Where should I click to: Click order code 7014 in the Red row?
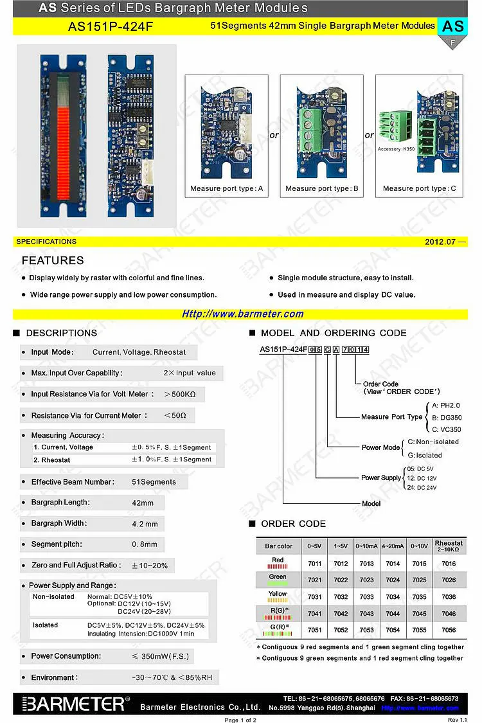point(392,564)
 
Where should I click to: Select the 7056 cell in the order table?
point(449,630)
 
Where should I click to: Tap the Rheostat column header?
point(449,546)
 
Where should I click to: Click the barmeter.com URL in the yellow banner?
point(242,314)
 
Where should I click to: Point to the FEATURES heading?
point(53,260)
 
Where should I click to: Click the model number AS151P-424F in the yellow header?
point(111,26)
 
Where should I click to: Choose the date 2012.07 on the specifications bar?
point(443,242)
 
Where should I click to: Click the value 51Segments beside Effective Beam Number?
point(154,482)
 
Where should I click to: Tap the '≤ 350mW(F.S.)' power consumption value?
point(161,656)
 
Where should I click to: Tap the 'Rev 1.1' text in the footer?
point(457,719)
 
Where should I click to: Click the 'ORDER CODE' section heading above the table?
point(293,524)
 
